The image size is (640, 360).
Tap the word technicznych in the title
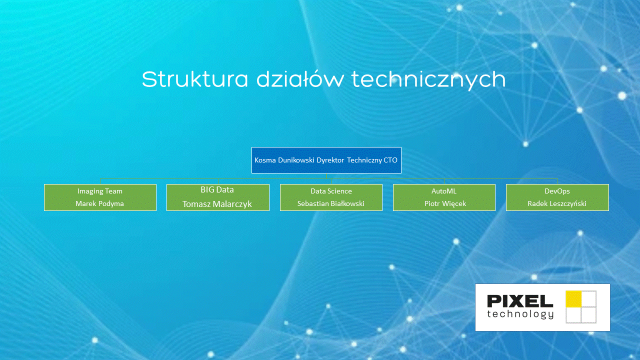tap(428, 80)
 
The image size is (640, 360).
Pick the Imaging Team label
tap(100, 191)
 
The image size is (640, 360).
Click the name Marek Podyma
tap(100, 203)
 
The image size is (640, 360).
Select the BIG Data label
tap(217, 190)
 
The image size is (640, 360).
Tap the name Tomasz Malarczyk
tap(217, 204)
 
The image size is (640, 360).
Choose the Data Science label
tap(331, 191)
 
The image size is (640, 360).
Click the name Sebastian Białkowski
tap(331, 203)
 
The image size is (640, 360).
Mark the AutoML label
tap(444, 191)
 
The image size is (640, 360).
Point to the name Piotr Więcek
tap(444, 203)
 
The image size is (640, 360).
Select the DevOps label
tap(557, 191)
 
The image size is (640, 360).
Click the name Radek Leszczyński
tap(557, 203)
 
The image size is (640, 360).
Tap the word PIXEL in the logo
tap(520, 300)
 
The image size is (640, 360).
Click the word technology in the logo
tap(520, 313)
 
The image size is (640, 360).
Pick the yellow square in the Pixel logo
tap(573, 298)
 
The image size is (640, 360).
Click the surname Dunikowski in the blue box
tap(296, 160)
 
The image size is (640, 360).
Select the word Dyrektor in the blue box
tap(330, 160)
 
